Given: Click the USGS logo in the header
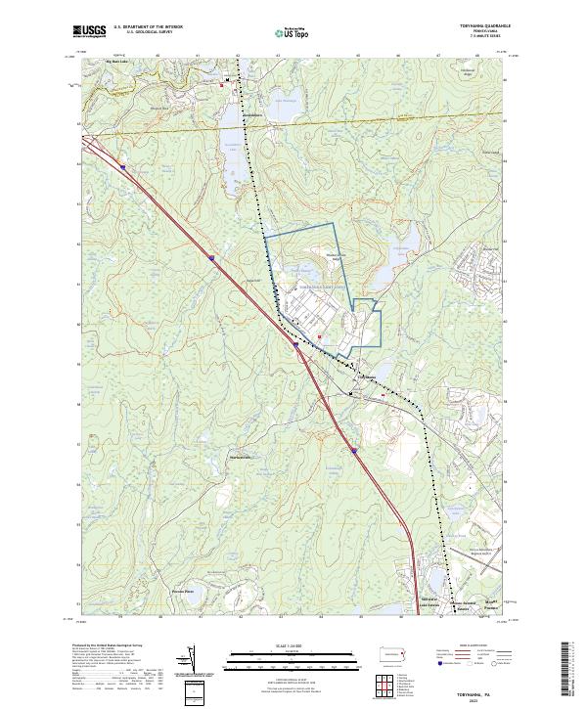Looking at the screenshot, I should click(x=89, y=31).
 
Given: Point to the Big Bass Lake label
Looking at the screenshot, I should click(x=117, y=62).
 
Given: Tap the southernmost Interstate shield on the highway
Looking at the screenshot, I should click(x=353, y=451).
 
